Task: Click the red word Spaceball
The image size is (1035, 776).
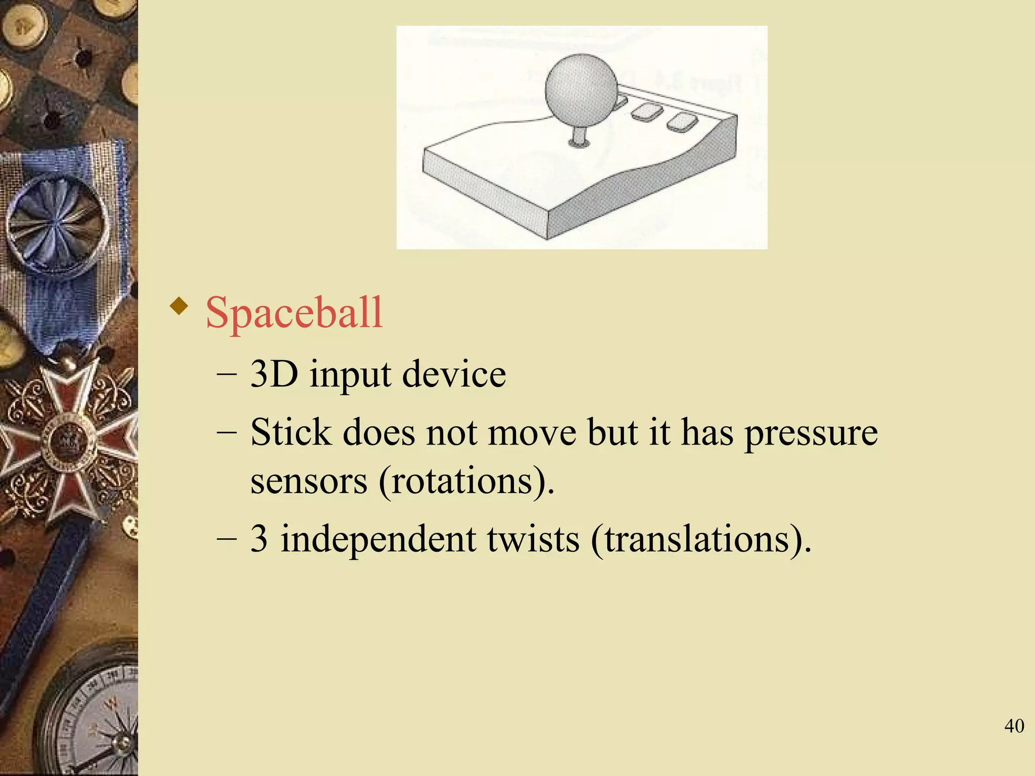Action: pos(294,313)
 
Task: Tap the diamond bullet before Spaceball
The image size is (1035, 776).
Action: pos(179,306)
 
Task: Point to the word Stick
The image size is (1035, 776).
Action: pos(291,432)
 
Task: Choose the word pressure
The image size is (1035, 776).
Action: pos(811,434)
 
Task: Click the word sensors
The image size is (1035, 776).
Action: pos(308,481)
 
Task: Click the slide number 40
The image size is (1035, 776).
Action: pos(1014,726)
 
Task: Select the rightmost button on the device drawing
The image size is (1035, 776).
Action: pos(682,122)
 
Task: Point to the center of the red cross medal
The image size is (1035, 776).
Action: pos(68,440)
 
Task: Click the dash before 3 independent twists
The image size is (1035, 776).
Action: pos(226,539)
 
